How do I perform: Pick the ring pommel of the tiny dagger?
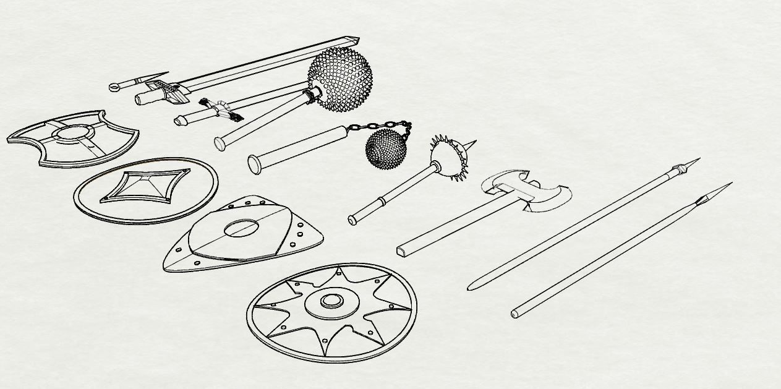114,87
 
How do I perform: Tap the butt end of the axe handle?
402,250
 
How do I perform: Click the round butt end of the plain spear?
514,314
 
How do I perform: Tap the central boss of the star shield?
331,302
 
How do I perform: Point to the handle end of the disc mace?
352,219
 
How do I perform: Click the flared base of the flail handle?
254,164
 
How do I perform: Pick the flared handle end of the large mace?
219,143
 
